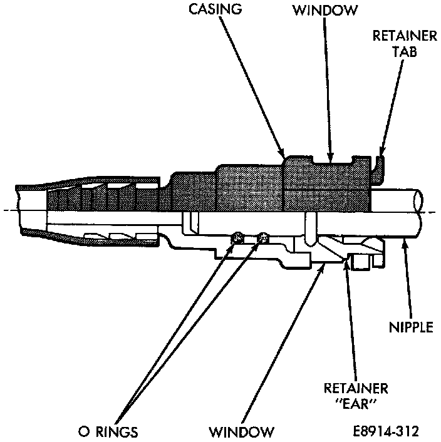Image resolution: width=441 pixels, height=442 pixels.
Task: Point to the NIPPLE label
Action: [411, 327]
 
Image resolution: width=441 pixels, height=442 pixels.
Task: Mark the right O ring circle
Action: [262, 237]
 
